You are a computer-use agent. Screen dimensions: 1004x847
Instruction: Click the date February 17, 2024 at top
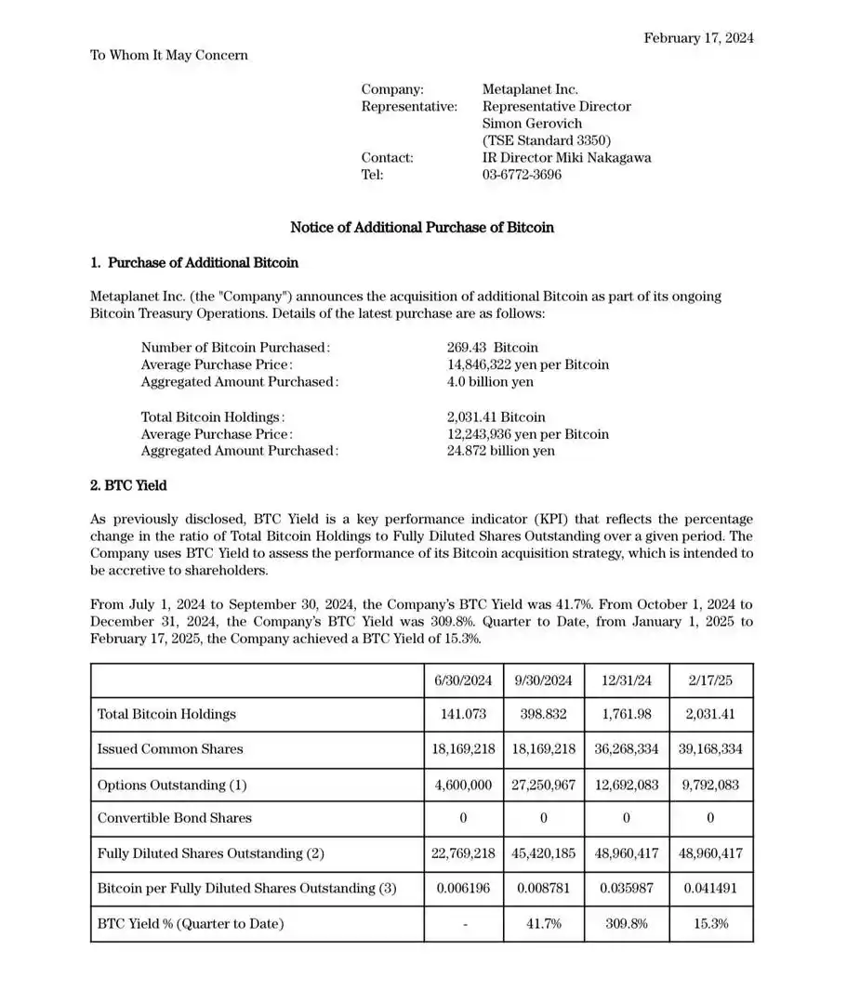pyautogui.click(x=698, y=38)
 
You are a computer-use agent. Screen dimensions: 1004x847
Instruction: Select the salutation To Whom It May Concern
pyautogui.click(x=169, y=55)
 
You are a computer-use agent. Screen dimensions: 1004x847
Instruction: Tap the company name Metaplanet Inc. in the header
pyautogui.click(x=530, y=89)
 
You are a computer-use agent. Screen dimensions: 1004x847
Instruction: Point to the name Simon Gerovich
pyautogui.click(x=532, y=124)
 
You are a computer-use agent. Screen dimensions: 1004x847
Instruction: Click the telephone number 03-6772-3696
pyautogui.click(x=522, y=175)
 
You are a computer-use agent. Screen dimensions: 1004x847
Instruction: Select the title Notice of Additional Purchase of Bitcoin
pyautogui.click(x=422, y=228)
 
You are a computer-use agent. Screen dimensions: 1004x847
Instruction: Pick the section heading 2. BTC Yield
pyautogui.click(x=128, y=485)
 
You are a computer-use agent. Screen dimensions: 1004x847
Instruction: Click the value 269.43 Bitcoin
pyautogui.click(x=492, y=348)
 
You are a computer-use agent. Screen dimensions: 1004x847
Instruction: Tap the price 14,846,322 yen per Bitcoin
pyautogui.click(x=528, y=364)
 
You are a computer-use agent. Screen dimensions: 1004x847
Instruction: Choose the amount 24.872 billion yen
pyautogui.click(x=500, y=451)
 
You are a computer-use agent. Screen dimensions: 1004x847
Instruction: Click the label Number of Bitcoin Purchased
pyautogui.click(x=235, y=348)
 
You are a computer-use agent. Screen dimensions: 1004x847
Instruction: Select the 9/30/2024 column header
pyautogui.click(x=543, y=680)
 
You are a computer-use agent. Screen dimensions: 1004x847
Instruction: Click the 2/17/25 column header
pyautogui.click(x=711, y=680)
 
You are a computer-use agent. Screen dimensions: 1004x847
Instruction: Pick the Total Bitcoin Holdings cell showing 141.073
pyautogui.click(x=464, y=714)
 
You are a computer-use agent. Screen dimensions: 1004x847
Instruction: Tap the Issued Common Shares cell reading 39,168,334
pyautogui.click(x=711, y=749)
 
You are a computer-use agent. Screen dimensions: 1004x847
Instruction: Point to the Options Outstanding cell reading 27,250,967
pyautogui.click(x=543, y=785)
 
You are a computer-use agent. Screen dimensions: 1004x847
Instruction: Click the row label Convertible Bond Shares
pyautogui.click(x=175, y=818)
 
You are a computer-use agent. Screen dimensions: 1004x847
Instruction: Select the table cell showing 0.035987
pyautogui.click(x=626, y=888)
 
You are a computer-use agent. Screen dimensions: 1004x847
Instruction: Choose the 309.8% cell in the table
pyautogui.click(x=626, y=923)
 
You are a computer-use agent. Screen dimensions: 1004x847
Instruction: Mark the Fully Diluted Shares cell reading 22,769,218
pyautogui.click(x=464, y=853)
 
